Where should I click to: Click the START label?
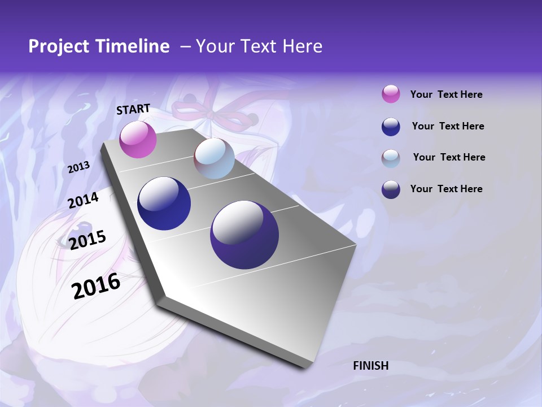click(x=133, y=109)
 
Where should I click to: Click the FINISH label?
click(x=370, y=366)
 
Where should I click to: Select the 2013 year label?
click(x=78, y=167)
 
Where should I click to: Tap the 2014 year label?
click(x=83, y=201)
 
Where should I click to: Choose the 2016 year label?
click(x=96, y=286)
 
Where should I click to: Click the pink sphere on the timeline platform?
click(x=138, y=140)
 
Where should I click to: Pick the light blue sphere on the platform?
click(x=214, y=158)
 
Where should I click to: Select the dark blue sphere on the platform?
click(x=164, y=203)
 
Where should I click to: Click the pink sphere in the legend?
click(x=391, y=94)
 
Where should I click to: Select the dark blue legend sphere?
click(x=391, y=126)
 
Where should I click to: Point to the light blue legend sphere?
click(x=391, y=158)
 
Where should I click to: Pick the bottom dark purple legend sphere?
click(x=391, y=189)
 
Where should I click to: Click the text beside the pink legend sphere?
click(x=446, y=94)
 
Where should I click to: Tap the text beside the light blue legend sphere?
click(x=449, y=157)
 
